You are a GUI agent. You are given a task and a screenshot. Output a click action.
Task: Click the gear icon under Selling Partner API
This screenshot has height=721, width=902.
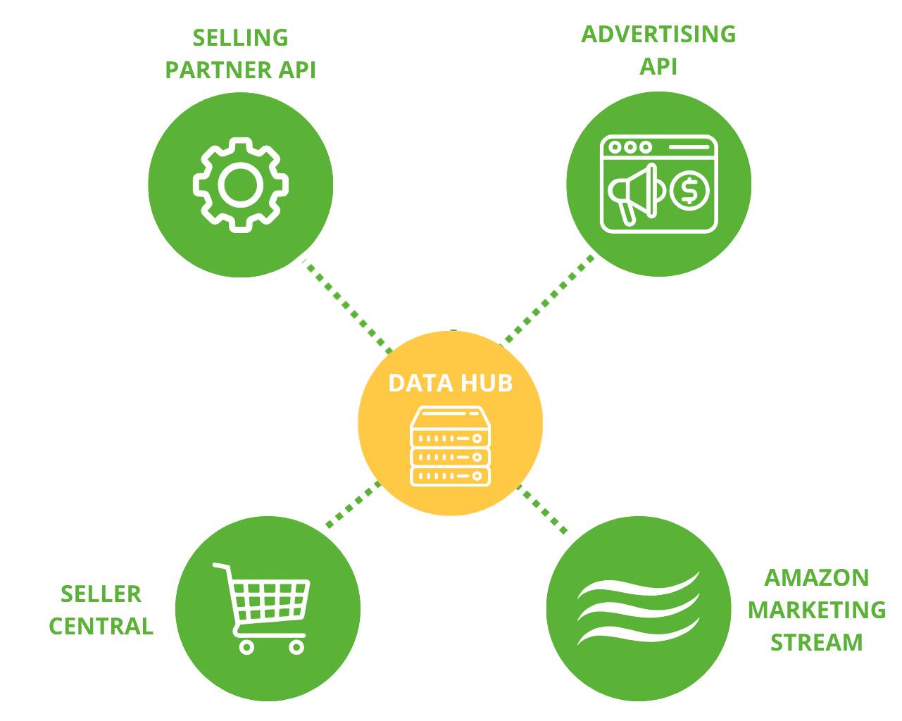click(x=240, y=184)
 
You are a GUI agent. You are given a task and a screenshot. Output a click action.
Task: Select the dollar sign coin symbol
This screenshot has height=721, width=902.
click(x=689, y=190)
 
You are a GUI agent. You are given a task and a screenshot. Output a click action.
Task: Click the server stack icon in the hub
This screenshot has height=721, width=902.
click(x=450, y=446)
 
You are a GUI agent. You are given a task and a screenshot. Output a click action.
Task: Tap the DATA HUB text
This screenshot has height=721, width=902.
click(x=450, y=383)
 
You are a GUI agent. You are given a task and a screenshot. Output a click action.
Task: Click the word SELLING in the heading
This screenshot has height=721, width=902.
click(x=240, y=37)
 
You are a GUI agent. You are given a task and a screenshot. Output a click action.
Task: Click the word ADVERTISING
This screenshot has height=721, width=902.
click(x=658, y=34)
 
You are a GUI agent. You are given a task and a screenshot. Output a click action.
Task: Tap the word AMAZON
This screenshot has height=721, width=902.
click(x=816, y=577)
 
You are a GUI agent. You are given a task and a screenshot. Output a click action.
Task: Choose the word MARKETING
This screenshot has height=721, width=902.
click(x=816, y=610)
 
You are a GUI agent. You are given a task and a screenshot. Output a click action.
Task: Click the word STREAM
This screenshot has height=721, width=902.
click(x=816, y=642)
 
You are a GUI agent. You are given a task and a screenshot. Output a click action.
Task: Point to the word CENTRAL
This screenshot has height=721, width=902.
click(x=101, y=626)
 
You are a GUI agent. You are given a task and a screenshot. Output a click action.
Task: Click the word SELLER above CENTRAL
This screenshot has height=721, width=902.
click(x=101, y=594)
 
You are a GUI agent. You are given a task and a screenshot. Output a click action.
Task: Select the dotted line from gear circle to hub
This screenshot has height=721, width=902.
click(x=349, y=306)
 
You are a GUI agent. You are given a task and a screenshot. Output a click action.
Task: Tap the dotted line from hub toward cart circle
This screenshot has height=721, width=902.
click(x=353, y=505)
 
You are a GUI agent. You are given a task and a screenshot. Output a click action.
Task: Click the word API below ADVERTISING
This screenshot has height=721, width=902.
click(x=658, y=66)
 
